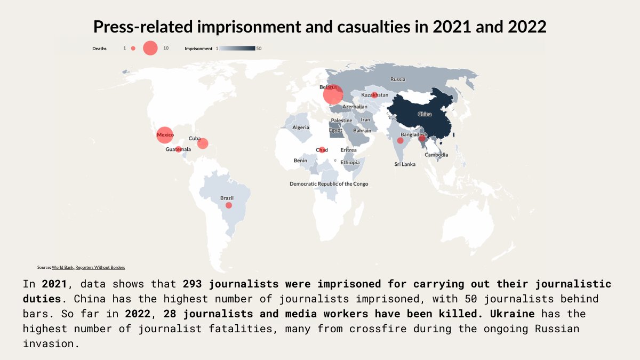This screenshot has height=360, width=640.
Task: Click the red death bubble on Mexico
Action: tap(165, 135)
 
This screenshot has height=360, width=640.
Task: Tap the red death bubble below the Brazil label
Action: tap(229, 205)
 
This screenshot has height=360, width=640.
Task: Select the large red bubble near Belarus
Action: tap(333, 94)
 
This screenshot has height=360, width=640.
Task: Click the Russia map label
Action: tap(398, 79)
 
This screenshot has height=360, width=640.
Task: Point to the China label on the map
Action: tap(425, 114)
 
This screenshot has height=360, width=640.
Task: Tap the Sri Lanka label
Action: tap(405, 164)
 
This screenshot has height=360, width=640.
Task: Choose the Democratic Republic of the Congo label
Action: tap(329, 183)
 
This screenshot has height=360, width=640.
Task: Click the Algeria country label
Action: tap(301, 127)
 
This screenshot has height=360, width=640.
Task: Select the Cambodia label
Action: tap(436, 155)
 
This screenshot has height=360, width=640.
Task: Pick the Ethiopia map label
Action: tap(350, 162)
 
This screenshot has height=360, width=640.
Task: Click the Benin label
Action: tap(300, 161)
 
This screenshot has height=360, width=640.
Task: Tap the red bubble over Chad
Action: tap(322, 150)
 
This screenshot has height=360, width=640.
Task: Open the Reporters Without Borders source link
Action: tap(100, 267)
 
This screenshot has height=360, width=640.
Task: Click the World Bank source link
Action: tap(62, 267)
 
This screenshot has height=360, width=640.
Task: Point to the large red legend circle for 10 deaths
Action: tap(150, 48)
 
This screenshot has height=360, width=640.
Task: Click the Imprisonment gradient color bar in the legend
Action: tap(237, 49)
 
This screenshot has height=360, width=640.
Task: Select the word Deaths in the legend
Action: tap(99, 49)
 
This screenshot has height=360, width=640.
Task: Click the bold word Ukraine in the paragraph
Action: tap(512, 314)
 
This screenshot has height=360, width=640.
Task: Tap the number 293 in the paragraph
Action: tap(193, 284)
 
